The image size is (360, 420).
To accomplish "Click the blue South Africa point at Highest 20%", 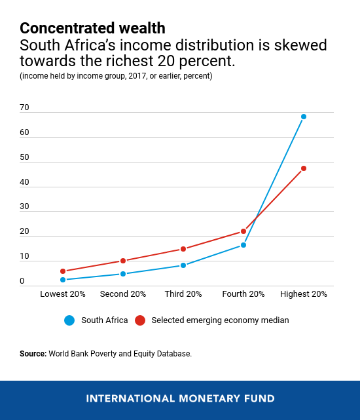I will [x=304, y=117].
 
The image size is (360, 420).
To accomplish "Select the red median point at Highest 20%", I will [x=304, y=168].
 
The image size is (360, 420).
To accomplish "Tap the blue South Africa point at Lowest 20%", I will [x=63, y=280].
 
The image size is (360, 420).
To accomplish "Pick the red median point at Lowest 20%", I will [x=63, y=271].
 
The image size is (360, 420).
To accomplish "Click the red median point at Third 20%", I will [x=183, y=249].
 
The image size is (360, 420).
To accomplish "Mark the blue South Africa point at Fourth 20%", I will [x=243, y=245].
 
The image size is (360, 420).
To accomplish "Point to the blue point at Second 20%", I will [x=123, y=274].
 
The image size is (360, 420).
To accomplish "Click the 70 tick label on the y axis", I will [x=25, y=106].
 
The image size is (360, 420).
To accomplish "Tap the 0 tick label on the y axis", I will [x=22, y=281].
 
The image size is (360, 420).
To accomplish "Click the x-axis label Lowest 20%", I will [x=63, y=294].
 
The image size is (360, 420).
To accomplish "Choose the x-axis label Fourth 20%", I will [x=243, y=294].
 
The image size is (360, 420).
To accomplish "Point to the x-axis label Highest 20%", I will [x=304, y=294].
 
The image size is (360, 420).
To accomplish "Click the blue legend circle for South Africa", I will [x=69, y=320].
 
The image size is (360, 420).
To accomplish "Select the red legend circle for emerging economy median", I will [x=139, y=320].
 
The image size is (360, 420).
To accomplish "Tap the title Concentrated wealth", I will [x=92, y=28].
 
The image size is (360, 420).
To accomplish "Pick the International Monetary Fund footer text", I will [x=180, y=398].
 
